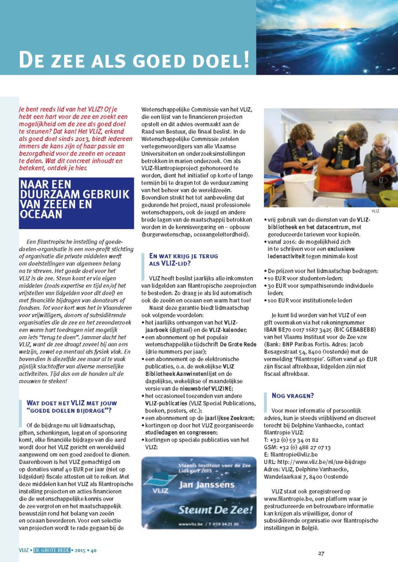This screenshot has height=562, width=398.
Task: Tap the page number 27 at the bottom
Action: pyautogui.click(x=321, y=553)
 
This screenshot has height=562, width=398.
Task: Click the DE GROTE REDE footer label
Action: pyautogui.click(x=52, y=550)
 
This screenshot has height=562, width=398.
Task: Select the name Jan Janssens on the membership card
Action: pyautogui.click(x=206, y=485)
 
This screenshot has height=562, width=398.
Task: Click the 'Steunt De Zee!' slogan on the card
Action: pyautogui.click(x=215, y=510)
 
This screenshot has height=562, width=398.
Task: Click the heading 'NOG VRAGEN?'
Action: pyautogui.click(x=293, y=396)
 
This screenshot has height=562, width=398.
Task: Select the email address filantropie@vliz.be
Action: pyautogui.click(x=294, y=455)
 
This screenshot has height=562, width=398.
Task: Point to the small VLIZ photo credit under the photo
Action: pyautogui.click(x=375, y=211)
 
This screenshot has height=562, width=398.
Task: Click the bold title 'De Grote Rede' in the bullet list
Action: pyautogui.click(x=238, y=344)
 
